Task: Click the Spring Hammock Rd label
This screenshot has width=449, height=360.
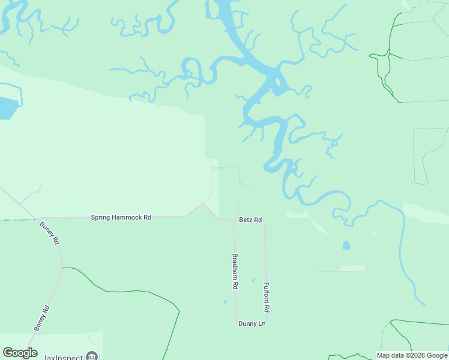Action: click(x=121, y=217)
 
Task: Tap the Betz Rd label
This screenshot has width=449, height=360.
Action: click(x=250, y=220)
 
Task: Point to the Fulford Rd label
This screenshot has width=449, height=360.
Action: click(x=267, y=297)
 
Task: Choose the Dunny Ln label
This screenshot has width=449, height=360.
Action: click(x=252, y=324)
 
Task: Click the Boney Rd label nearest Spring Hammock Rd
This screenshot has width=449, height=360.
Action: click(x=50, y=232)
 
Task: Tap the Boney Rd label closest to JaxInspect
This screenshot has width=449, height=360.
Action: click(x=41, y=318)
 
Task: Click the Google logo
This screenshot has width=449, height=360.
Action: click(x=20, y=353)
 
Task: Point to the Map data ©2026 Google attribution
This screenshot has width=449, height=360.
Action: click(x=412, y=355)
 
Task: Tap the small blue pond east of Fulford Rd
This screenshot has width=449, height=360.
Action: click(x=346, y=245)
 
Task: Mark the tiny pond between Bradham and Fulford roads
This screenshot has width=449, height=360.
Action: click(x=253, y=280)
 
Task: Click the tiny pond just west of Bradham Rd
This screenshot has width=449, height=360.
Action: click(x=225, y=302)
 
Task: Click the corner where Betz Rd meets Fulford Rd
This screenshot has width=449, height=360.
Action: click(x=265, y=220)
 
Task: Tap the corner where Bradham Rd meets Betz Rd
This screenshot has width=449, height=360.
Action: click(x=234, y=220)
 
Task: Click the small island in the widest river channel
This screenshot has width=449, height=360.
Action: click(x=278, y=84)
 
